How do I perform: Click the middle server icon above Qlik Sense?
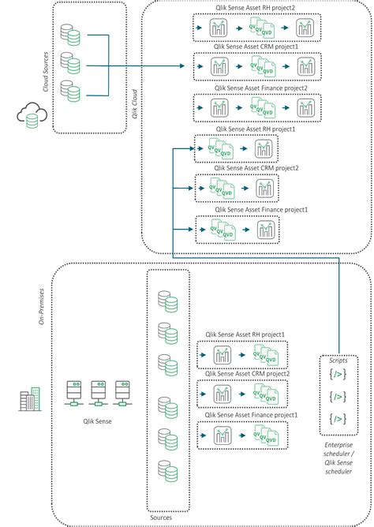[x=98, y=391]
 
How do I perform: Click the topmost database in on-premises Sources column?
[x=166, y=301]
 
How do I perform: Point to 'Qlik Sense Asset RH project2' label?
[x=256, y=9]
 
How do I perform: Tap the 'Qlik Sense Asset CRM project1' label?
[x=256, y=50]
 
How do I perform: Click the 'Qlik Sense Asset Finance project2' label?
[x=256, y=91]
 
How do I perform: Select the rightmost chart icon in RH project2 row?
[x=304, y=29]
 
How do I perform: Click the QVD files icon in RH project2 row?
[x=263, y=29]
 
